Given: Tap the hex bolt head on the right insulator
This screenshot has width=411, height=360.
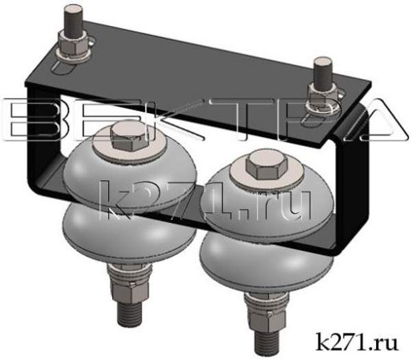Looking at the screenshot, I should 260,165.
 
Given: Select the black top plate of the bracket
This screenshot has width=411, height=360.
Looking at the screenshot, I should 199,75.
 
